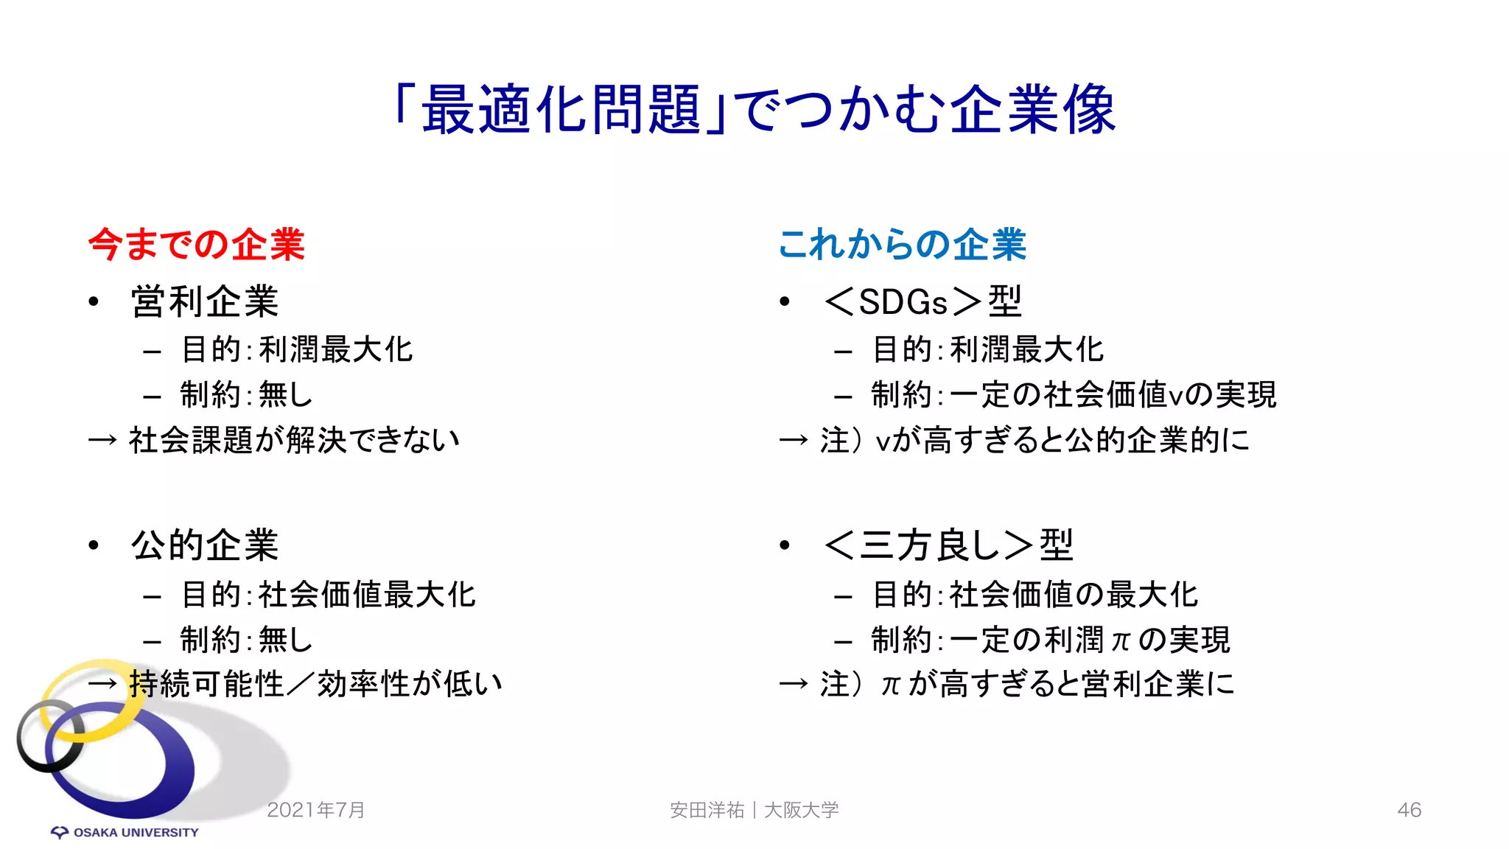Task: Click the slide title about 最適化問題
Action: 754,110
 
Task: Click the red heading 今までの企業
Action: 196,245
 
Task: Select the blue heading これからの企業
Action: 902,245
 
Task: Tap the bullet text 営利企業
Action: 205,302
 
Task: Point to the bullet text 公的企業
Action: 205,546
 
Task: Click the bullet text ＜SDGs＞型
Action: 922,302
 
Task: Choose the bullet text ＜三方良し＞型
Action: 948,546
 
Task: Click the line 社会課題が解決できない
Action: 294,440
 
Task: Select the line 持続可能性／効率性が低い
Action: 315,684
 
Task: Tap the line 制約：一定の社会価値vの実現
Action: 1074,395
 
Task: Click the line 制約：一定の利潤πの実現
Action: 1051,640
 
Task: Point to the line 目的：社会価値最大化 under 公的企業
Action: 329,595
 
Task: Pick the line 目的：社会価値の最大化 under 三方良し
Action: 1035,595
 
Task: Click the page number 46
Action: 1409,810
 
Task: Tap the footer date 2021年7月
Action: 316,810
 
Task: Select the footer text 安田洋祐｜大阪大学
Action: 754,810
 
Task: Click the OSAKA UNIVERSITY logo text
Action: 136,833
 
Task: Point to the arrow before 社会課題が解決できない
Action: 102,441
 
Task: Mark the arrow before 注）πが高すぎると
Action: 794,685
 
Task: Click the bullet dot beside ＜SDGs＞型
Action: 785,301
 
